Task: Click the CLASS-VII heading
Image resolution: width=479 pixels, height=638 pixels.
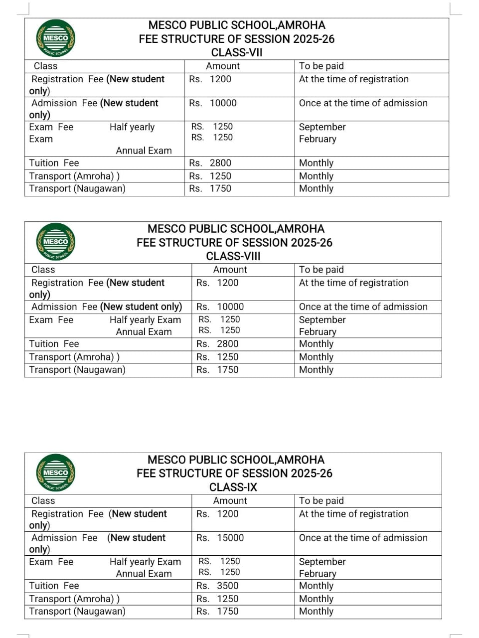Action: [x=237, y=53]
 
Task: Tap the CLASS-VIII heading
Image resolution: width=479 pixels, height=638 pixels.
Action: [x=233, y=256]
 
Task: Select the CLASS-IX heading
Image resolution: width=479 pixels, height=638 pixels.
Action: [x=233, y=487]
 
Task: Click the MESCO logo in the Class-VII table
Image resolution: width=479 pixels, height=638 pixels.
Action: [x=56, y=38]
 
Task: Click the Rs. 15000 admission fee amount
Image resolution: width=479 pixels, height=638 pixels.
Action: [x=220, y=538]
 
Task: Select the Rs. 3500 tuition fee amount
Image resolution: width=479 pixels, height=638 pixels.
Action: [x=217, y=586]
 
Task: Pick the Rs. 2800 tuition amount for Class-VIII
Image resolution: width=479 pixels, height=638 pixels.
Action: [x=217, y=344]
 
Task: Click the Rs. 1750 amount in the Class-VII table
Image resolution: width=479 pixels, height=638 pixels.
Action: [x=210, y=188]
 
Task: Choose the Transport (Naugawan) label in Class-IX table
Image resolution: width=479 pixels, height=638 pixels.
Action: [x=77, y=611]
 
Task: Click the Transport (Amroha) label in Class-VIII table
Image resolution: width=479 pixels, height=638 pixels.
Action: [x=74, y=357]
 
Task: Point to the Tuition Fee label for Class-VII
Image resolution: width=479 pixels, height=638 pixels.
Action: [x=54, y=163]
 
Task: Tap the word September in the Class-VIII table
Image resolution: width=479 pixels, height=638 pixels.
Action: [x=322, y=320]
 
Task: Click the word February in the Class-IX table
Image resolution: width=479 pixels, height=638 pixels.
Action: [x=318, y=574]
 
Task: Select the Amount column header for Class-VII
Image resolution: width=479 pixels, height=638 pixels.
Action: [x=223, y=66]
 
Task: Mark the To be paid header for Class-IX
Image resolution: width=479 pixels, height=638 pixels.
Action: [x=321, y=501]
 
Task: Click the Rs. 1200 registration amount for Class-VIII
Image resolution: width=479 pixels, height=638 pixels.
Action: [x=217, y=283]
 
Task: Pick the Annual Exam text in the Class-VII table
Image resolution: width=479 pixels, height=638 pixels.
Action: [x=144, y=151]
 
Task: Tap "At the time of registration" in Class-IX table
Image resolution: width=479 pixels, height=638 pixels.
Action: [x=353, y=514]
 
